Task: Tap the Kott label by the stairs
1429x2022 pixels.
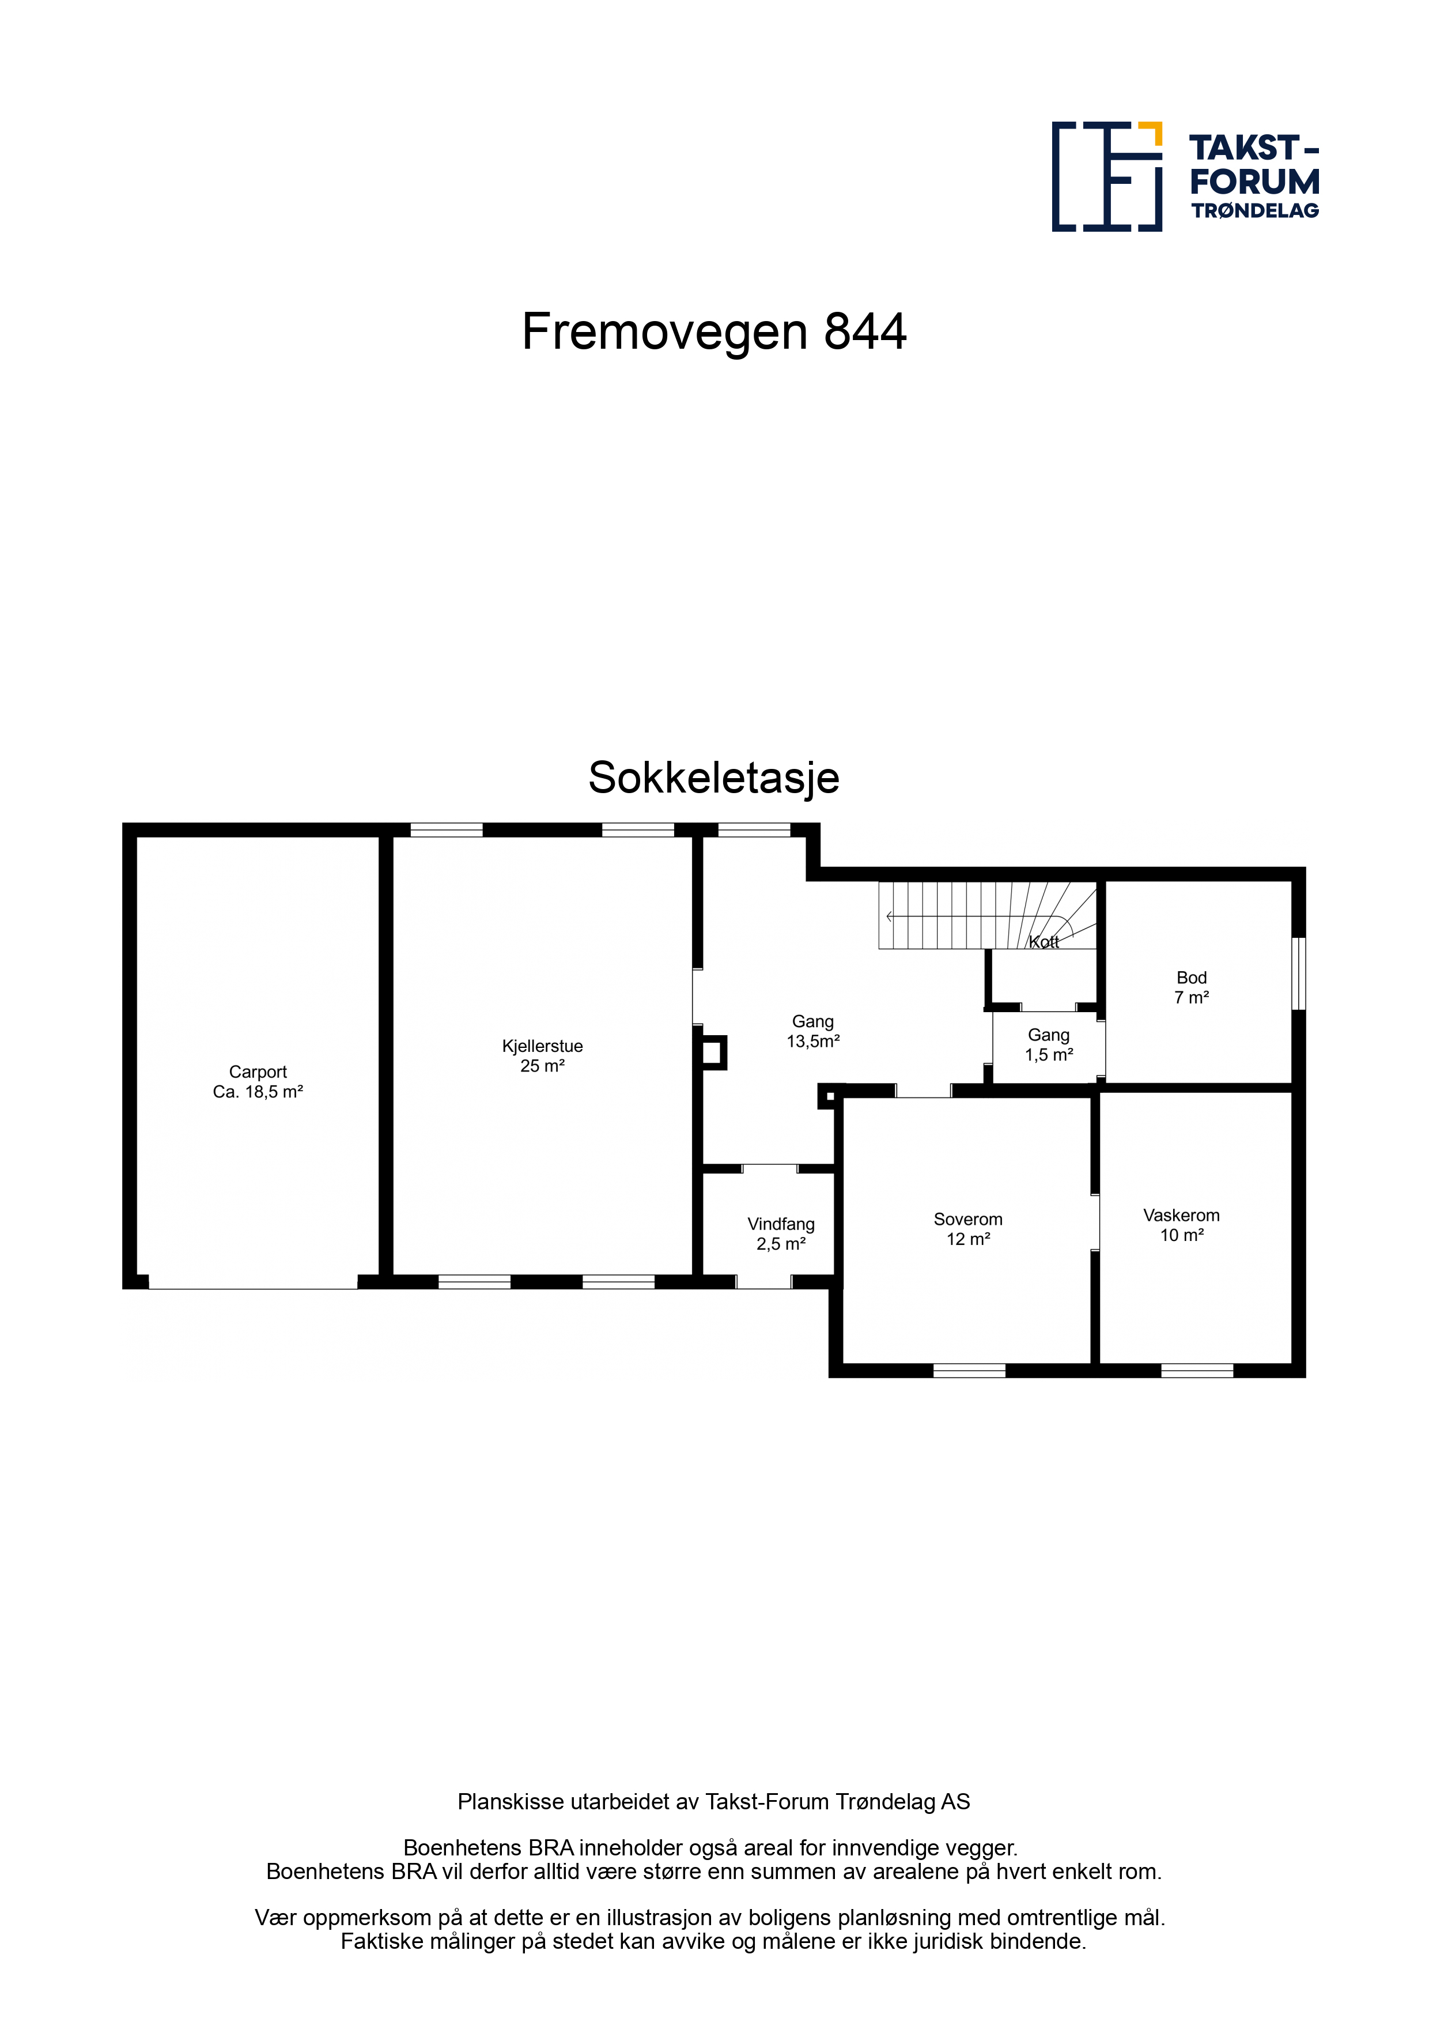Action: point(1044,942)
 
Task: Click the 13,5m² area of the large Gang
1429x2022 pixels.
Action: point(812,1042)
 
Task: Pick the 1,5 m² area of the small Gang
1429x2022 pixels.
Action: point(1049,1055)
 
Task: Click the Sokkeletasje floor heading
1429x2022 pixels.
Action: point(714,778)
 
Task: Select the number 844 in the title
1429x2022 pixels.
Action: point(865,332)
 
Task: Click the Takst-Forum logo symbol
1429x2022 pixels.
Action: point(1107,176)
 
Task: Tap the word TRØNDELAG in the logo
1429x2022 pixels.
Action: point(1256,210)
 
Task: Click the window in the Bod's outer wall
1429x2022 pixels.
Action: point(1299,973)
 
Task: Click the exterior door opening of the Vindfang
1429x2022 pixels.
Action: point(763,1282)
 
